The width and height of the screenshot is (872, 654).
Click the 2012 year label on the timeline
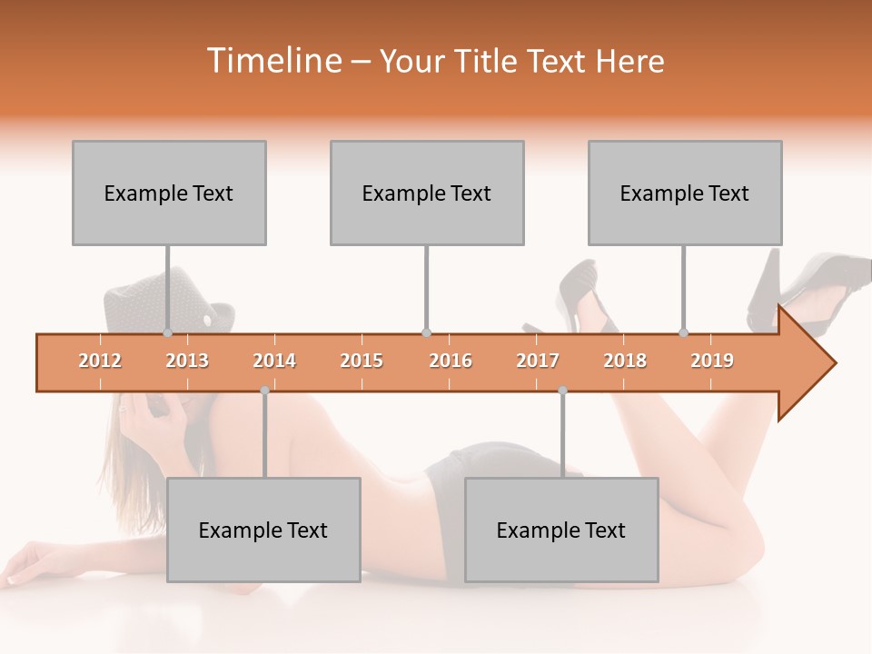click(100, 361)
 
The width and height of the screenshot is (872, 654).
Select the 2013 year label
click(187, 361)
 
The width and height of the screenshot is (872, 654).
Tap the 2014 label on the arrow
click(274, 361)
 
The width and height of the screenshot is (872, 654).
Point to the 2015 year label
click(362, 361)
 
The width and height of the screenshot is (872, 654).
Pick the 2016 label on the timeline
click(451, 361)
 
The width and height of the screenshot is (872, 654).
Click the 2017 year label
click(538, 361)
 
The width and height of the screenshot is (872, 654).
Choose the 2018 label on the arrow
click(625, 361)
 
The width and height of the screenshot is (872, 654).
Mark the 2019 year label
click(712, 361)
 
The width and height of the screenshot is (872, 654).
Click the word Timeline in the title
click(273, 61)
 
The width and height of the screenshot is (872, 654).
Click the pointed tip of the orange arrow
click(834, 363)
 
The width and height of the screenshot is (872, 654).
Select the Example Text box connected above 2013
click(169, 193)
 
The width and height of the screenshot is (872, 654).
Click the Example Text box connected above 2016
click(427, 193)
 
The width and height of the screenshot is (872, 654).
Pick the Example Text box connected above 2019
click(685, 193)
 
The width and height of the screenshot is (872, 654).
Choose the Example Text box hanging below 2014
click(263, 530)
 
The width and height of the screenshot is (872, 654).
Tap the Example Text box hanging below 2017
click(561, 530)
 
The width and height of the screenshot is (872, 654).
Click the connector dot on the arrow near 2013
click(167, 332)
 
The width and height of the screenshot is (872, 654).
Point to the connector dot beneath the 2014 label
click(264, 391)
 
